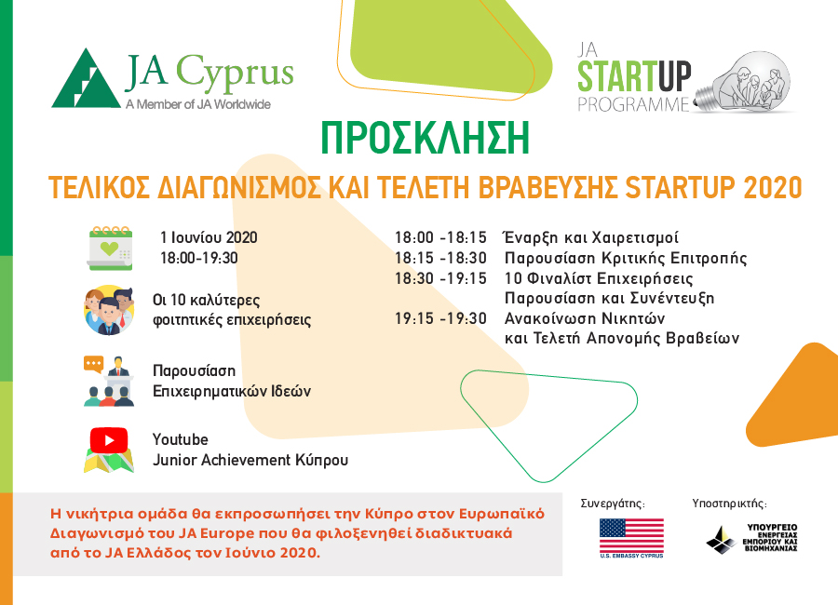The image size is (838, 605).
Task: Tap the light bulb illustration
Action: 742,83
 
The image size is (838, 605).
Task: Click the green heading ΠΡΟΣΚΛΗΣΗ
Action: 425,138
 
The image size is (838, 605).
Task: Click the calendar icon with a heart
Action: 110,249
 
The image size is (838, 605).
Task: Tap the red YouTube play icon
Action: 109,440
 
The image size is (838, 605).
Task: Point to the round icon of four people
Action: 109,310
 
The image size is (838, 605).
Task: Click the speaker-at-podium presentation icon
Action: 109,381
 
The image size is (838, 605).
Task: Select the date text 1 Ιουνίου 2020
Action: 209,237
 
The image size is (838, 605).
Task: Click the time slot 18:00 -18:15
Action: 440,237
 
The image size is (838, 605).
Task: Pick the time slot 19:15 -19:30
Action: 440,318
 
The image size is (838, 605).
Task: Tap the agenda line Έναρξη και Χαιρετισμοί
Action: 591,237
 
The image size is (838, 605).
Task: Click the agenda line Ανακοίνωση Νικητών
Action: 585,318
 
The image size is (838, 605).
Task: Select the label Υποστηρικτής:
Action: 729,504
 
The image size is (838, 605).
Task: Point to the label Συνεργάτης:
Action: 613,504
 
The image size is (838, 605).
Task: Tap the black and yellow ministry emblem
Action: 722,540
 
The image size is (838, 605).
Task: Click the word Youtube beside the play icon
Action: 181,439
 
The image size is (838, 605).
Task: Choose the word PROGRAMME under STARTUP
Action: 633,104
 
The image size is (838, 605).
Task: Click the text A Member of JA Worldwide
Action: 198,104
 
